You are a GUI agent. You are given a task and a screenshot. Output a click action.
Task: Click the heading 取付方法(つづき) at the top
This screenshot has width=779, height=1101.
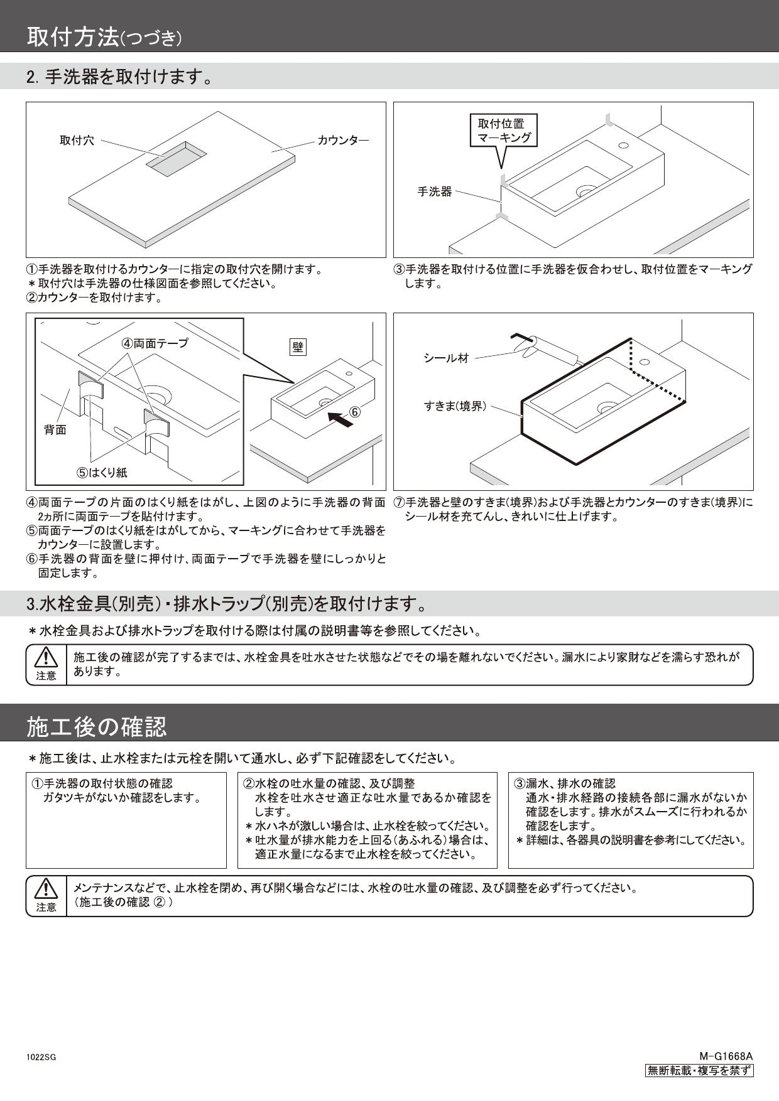104,38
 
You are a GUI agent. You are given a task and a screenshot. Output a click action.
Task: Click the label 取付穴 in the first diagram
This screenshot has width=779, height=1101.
77,141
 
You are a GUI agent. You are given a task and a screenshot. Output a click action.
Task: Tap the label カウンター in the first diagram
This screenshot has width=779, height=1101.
343,141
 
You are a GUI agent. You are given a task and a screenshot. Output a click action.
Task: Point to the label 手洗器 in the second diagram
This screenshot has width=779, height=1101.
435,191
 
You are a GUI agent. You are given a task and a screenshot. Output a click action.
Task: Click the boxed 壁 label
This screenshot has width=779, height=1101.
298,346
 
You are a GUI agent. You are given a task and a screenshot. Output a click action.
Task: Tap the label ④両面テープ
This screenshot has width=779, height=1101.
155,343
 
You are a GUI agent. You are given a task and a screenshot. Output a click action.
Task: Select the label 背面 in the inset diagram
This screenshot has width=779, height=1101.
55,429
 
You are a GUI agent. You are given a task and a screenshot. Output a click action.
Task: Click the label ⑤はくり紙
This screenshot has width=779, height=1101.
102,473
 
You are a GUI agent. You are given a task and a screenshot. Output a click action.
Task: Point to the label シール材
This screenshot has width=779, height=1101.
446,358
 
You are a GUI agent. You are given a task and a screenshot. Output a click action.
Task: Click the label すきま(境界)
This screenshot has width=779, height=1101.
455,406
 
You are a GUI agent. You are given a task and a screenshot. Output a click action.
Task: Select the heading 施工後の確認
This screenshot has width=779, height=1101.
97,727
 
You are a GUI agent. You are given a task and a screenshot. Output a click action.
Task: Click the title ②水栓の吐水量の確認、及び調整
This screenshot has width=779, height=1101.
329,783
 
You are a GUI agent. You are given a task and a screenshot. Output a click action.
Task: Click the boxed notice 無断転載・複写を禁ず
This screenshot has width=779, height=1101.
699,1071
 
